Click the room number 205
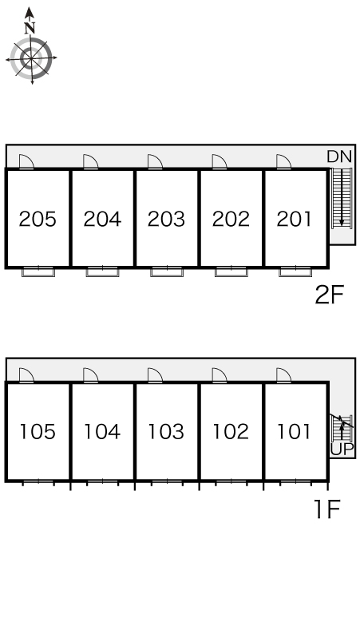click(38, 219)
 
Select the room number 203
click(166, 219)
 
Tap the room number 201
click(295, 219)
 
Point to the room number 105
click(38, 432)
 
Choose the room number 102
click(231, 432)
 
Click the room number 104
click(102, 432)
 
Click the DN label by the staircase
click(339, 156)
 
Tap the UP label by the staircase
click(342, 449)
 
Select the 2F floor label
click(330, 295)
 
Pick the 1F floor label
click(326, 509)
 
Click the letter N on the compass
click(30, 28)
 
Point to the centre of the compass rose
click(30, 59)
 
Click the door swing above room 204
click(90, 162)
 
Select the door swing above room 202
click(220, 162)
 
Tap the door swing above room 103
click(155, 375)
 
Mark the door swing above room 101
click(283, 375)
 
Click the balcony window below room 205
click(38, 272)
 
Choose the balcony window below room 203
click(167, 272)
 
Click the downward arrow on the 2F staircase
click(342, 198)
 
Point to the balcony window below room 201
click(295, 272)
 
